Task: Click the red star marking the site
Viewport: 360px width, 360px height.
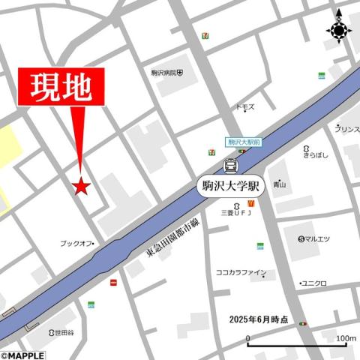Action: (x=81, y=187)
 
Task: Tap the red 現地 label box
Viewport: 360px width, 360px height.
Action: (x=61, y=88)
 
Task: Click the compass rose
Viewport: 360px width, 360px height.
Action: (x=338, y=30)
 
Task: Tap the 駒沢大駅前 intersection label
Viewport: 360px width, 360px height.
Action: (x=244, y=142)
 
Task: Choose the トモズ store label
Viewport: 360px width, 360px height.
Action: (x=245, y=107)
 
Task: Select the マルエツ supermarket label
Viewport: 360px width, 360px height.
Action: (x=314, y=239)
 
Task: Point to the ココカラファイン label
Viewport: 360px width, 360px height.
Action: (x=241, y=273)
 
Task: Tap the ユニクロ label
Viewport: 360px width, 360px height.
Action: (x=313, y=283)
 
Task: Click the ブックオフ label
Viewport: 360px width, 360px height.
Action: (x=76, y=243)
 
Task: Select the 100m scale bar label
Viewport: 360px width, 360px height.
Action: (x=346, y=338)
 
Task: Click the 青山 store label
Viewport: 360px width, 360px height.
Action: (x=279, y=184)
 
